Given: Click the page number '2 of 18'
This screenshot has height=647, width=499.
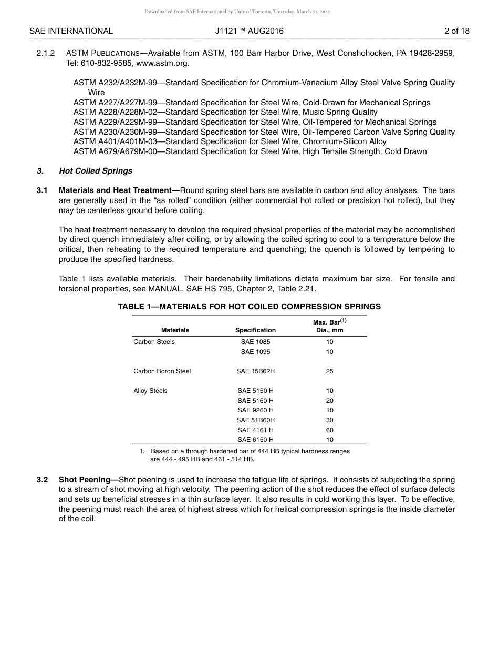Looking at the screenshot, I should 456,31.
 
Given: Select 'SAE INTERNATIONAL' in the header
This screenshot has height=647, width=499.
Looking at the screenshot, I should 71,31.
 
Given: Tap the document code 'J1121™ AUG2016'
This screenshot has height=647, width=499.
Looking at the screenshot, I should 249,31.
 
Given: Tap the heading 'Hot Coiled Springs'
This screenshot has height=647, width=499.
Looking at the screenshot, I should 96,171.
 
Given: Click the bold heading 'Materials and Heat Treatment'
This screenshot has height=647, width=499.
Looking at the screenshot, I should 119,190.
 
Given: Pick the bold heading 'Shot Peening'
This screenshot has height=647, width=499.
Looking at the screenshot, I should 88,480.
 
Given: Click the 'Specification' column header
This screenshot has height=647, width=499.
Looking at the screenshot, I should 255,330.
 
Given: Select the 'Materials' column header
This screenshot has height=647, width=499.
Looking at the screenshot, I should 175,330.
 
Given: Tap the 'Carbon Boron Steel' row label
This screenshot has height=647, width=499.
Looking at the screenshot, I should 162,371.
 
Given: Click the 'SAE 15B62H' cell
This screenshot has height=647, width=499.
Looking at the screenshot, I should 255,371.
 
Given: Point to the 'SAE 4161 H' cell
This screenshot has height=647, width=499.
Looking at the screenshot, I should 255,430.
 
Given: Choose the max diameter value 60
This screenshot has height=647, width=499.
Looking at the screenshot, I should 330,430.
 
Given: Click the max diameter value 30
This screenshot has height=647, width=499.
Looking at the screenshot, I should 330,420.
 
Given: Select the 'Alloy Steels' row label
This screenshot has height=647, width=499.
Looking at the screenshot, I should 150,391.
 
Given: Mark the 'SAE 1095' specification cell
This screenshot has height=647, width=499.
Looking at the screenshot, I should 255,352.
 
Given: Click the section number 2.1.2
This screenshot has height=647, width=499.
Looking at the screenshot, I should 46,53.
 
